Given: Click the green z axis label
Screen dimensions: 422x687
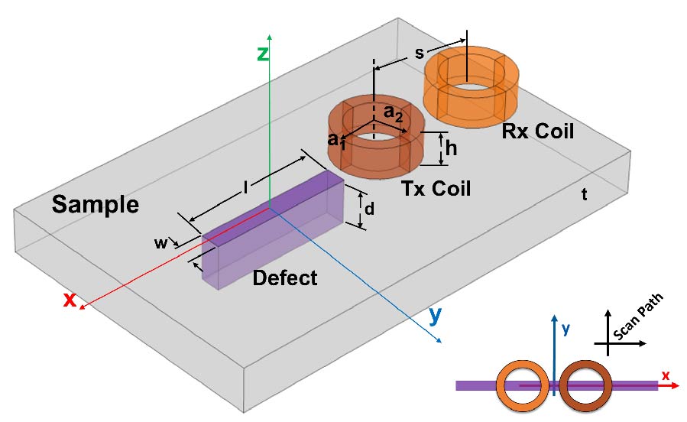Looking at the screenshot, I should [262, 55].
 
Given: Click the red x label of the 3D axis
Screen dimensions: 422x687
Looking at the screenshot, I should [70, 300].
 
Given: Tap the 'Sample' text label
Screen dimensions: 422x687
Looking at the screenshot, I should [95, 205].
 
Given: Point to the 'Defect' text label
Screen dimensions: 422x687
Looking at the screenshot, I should [285, 278].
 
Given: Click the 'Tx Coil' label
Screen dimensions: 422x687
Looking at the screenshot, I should [436, 188].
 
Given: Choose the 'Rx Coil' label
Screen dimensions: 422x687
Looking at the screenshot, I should [538, 131].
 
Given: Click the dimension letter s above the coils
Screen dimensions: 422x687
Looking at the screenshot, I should [419, 53].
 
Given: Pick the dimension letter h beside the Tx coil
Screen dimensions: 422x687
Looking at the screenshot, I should [452, 149].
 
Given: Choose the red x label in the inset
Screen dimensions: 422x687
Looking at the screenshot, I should [665, 375].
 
